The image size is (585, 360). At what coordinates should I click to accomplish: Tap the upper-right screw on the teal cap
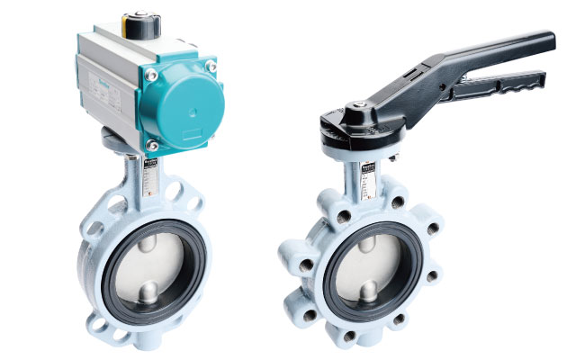pos(211,66)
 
